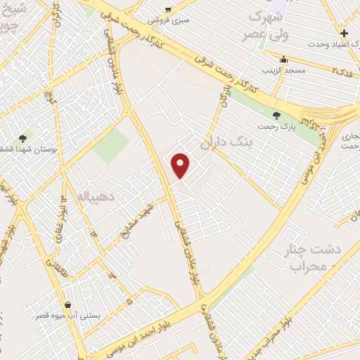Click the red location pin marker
[x=181, y=165]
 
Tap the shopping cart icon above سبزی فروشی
[x=167, y=9]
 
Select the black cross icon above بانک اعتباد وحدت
[x=344, y=33]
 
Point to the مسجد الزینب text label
[x=283, y=71]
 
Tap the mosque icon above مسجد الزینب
[x=283, y=60]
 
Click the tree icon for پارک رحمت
[x=275, y=115]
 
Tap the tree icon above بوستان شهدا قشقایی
[x=22, y=139]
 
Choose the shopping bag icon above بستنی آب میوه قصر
[x=67, y=304]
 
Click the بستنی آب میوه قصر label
[x=67, y=316]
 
